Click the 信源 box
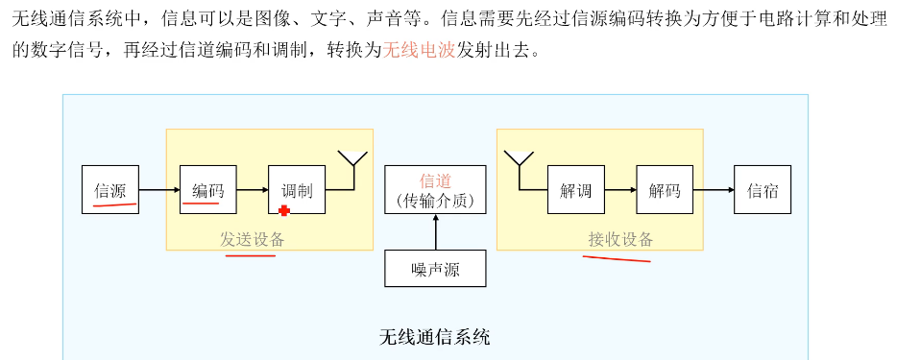pos(110,190)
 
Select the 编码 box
pos(207,190)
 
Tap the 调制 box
pos(297,190)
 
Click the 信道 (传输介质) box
pos(435,190)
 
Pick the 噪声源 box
pos(435,269)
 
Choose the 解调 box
pos(575,190)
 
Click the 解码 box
pos(664,190)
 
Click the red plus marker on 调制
pos(284,210)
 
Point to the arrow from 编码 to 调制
pos(252,190)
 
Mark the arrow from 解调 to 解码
pos(619,190)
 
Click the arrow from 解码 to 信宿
pos(713,190)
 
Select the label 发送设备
pos(253,240)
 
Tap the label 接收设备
pos(620,240)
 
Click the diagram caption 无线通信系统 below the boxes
pos(435,337)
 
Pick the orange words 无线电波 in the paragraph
pos(419,51)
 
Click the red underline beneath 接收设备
pos(619,257)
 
